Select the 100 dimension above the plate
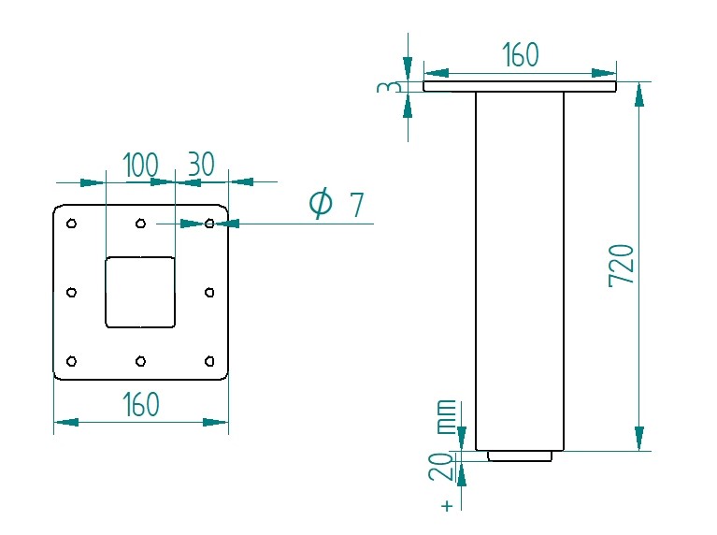tap(140, 166)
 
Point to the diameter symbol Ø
tap(321, 203)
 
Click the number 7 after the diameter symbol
tap(356, 204)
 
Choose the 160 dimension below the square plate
tap(141, 405)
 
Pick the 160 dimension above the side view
tap(520, 56)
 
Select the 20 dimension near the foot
tap(446, 466)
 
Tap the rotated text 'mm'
tap(447, 416)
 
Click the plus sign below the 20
tap(447, 506)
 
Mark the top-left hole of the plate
tap(72, 224)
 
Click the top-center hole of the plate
tap(140, 224)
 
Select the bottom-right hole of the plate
tap(209, 361)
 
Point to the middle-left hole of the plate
tap(72, 293)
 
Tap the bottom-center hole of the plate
tap(140, 361)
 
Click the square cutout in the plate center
tap(140, 292)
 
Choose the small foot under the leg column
tap(520, 456)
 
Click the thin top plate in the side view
tap(520, 86)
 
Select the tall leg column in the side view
tap(520, 271)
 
